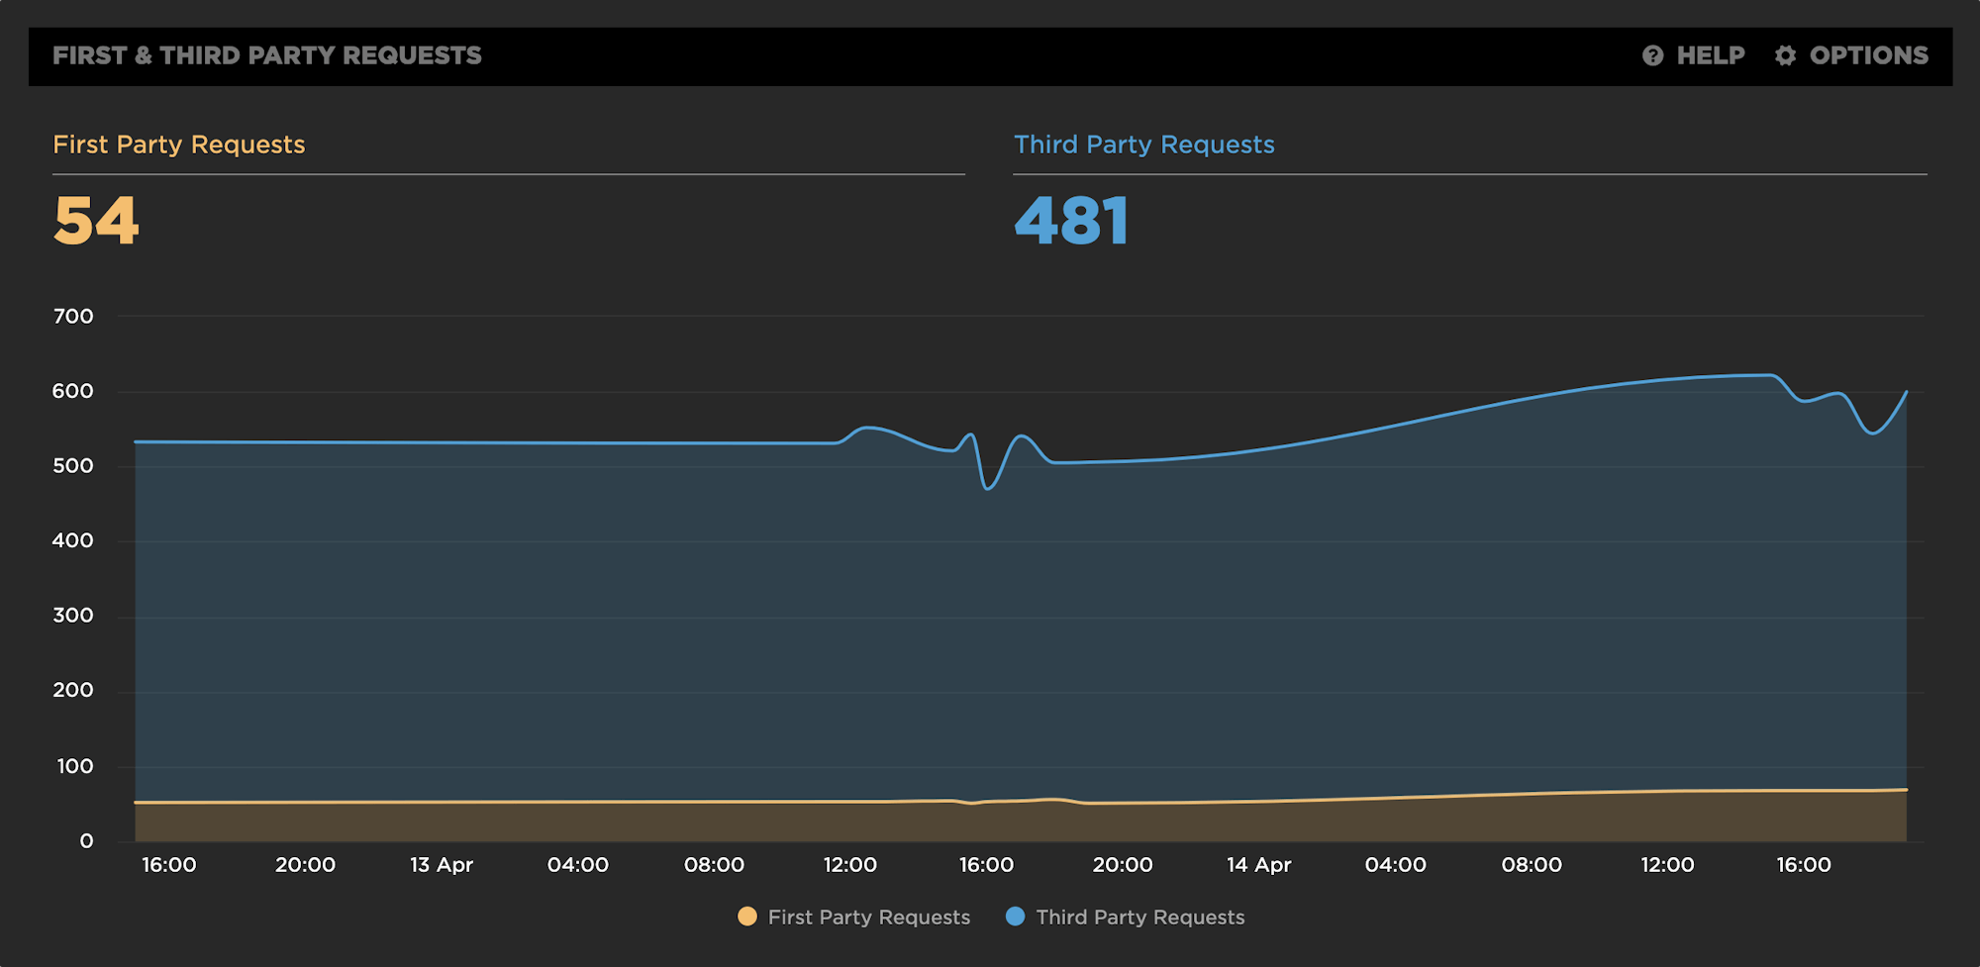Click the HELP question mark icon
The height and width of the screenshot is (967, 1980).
pos(1652,55)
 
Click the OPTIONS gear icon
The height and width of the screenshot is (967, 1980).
pos(1785,55)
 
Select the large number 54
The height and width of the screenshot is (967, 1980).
pos(96,220)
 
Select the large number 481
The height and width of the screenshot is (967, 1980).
pos(1071,220)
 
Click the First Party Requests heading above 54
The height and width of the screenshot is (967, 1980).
pos(179,145)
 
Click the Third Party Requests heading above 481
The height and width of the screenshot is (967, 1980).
pos(1143,145)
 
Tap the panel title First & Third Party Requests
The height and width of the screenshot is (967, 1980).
pos(266,55)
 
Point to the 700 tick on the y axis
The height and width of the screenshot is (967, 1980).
pos(73,317)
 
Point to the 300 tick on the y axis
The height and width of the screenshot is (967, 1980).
pos(73,616)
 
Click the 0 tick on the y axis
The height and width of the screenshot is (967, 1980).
pos(86,841)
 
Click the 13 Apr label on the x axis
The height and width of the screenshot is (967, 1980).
pos(442,865)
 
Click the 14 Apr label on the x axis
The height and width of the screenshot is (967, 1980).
pos(1258,865)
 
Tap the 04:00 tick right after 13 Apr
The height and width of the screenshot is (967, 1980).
pos(578,865)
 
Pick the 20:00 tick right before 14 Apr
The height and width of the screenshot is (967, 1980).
pos(1123,865)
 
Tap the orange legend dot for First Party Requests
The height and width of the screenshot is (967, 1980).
pos(747,917)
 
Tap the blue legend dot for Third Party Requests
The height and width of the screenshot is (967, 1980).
pos(1015,917)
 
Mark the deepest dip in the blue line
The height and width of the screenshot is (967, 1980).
pos(988,488)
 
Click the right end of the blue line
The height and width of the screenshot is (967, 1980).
pos(1907,392)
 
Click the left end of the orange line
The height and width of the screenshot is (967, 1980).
pos(136,802)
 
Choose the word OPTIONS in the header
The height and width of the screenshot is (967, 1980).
pos(1868,55)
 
